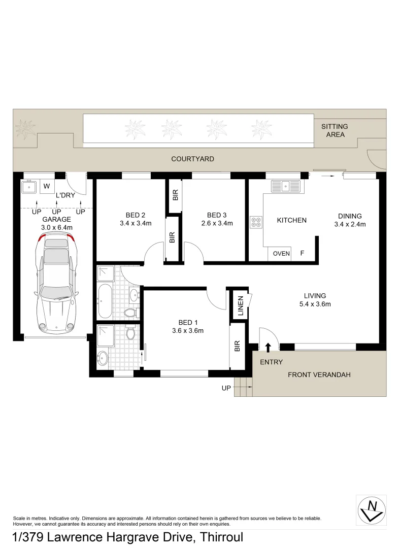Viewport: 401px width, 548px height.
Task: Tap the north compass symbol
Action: point(371,510)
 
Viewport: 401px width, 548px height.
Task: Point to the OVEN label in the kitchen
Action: point(281,254)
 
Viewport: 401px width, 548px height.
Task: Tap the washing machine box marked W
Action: point(47,186)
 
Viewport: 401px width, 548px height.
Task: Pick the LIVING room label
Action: point(315,296)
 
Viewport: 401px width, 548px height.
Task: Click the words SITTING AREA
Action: point(335,130)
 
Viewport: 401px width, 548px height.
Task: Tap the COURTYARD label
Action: point(192,159)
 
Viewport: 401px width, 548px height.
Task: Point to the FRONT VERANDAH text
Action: point(319,375)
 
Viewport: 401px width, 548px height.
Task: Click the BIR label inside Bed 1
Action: point(237,347)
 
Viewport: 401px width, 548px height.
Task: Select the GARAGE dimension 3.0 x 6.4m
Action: point(57,228)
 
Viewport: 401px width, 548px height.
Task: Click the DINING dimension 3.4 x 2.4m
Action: point(350,224)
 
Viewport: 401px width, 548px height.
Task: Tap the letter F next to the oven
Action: point(302,253)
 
